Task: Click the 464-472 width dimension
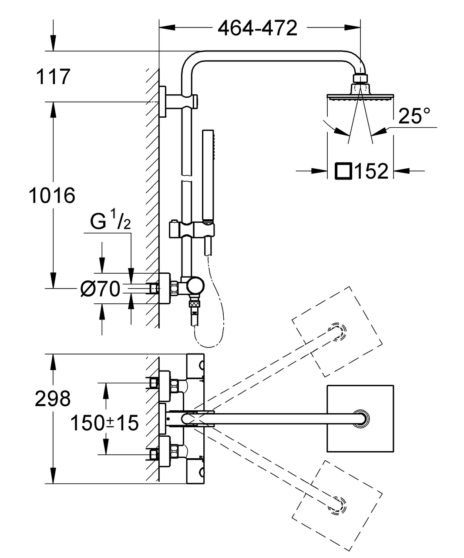click(257, 28)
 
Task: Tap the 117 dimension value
click(53, 77)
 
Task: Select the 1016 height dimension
click(52, 195)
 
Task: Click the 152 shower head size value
click(371, 171)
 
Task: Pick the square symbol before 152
click(343, 171)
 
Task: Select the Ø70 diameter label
click(100, 288)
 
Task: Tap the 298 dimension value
click(52, 398)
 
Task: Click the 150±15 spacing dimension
click(104, 422)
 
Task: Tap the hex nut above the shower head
click(360, 78)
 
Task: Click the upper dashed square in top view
click(337, 331)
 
